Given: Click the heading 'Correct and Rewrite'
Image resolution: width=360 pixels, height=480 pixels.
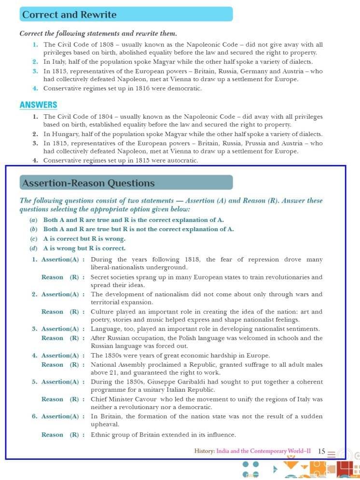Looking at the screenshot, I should (69, 14).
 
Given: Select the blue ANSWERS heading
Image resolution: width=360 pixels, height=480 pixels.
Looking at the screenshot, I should (39, 105).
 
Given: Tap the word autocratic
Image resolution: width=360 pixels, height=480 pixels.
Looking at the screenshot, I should (182, 160).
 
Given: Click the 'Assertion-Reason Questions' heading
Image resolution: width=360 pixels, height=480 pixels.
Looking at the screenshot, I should (88, 183).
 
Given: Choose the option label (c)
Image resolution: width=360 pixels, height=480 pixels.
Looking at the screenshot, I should (33, 239).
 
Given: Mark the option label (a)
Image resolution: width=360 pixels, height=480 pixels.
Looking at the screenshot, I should (33, 219).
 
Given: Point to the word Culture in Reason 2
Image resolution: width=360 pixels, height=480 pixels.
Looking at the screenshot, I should (103, 312).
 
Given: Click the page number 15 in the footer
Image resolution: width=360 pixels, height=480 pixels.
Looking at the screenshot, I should (321, 451).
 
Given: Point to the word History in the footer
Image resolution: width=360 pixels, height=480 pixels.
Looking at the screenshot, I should (204, 451).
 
